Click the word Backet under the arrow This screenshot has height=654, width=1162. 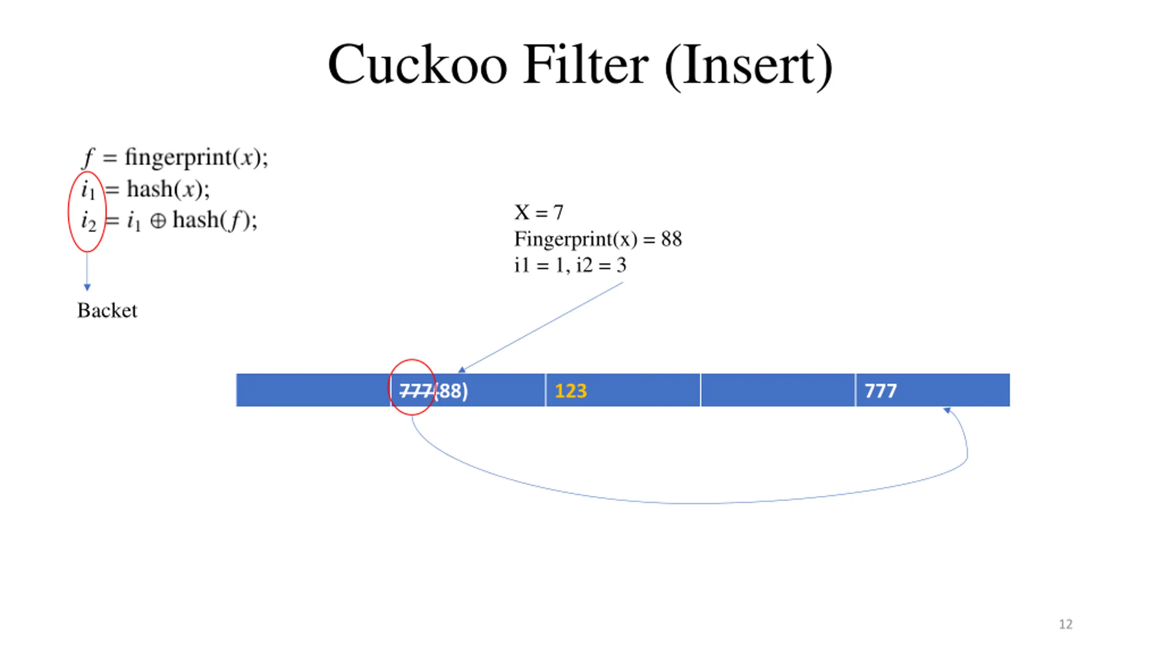(x=107, y=311)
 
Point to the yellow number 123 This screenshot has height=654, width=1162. (x=571, y=391)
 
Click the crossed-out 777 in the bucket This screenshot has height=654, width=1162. (x=415, y=391)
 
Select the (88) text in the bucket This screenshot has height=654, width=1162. (x=451, y=391)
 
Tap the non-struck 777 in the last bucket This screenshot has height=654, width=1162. (x=880, y=391)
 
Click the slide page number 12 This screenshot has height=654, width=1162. (x=1065, y=624)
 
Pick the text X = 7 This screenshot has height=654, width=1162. (x=538, y=213)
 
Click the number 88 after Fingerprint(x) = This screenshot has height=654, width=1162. (x=671, y=239)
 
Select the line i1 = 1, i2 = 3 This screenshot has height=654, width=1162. (x=570, y=265)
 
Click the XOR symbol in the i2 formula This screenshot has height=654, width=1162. (x=158, y=221)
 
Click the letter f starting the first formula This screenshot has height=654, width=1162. (x=88, y=158)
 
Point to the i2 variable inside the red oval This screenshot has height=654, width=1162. (x=89, y=222)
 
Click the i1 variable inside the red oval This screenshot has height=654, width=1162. (x=88, y=190)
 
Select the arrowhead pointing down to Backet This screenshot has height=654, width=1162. (x=87, y=287)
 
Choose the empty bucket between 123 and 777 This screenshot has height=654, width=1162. (x=778, y=390)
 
